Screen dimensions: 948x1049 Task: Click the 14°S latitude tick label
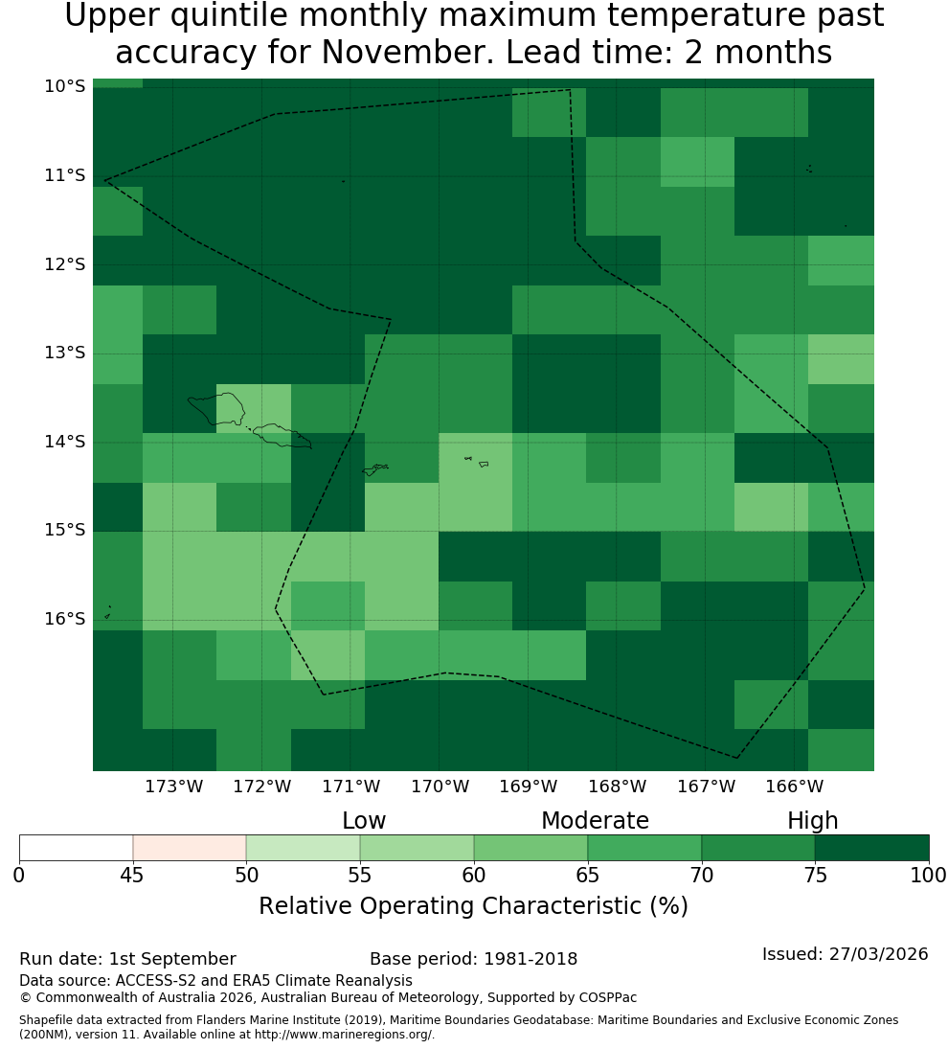point(65,442)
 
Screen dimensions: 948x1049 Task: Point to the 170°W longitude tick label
point(440,787)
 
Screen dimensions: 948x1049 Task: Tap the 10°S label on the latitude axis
point(65,86)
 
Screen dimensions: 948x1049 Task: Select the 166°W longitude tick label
point(794,787)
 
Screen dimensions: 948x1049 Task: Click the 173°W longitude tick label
point(174,787)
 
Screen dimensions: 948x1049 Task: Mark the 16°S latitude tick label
point(65,619)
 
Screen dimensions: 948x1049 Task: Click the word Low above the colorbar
point(364,821)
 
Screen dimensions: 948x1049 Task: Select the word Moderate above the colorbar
point(595,821)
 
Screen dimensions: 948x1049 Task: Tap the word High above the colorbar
point(812,821)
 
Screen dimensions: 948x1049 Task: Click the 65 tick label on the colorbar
point(588,875)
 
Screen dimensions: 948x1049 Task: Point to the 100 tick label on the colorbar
point(929,875)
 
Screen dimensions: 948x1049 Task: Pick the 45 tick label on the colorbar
point(132,875)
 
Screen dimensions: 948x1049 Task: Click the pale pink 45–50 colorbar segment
point(190,848)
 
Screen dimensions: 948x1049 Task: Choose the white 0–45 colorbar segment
point(77,848)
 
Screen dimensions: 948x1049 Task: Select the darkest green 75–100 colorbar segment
point(871,848)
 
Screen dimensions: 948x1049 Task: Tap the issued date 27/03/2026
point(878,954)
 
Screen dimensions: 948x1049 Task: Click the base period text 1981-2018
point(530,959)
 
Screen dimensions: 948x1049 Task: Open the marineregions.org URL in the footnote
point(345,1035)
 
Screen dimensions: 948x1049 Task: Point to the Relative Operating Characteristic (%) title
point(473,906)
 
